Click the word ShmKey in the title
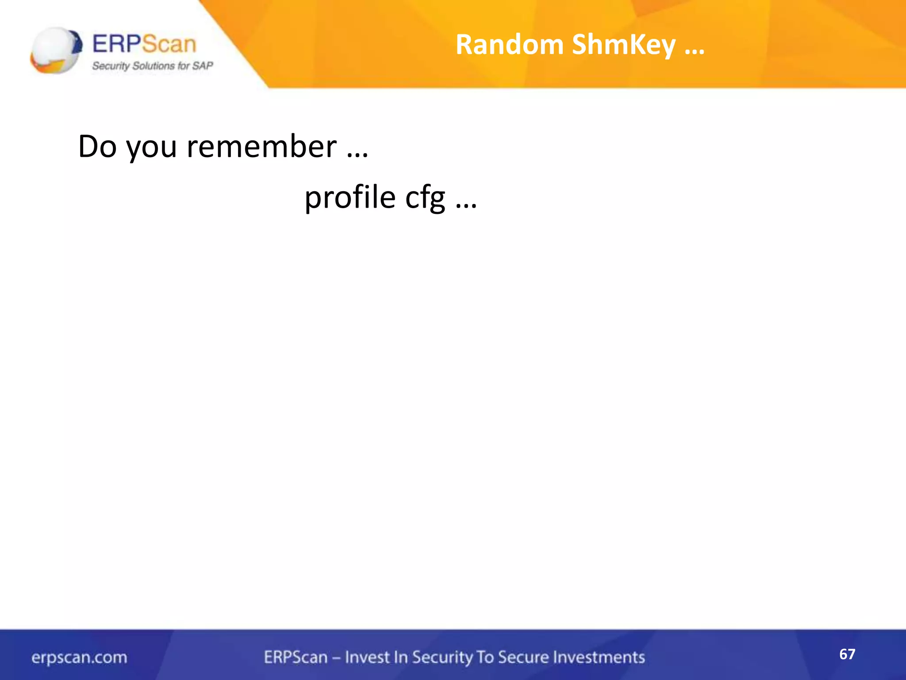(623, 46)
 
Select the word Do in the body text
(97, 147)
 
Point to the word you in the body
(152, 148)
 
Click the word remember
(261, 147)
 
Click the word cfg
(425, 198)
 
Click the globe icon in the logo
(56, 50)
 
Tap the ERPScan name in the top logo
(144, 44)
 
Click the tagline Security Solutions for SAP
(153, 66)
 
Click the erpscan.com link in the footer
(79, 657)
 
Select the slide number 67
(847, 654)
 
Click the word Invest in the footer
(367, 657)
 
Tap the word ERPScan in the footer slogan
(296, 657)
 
